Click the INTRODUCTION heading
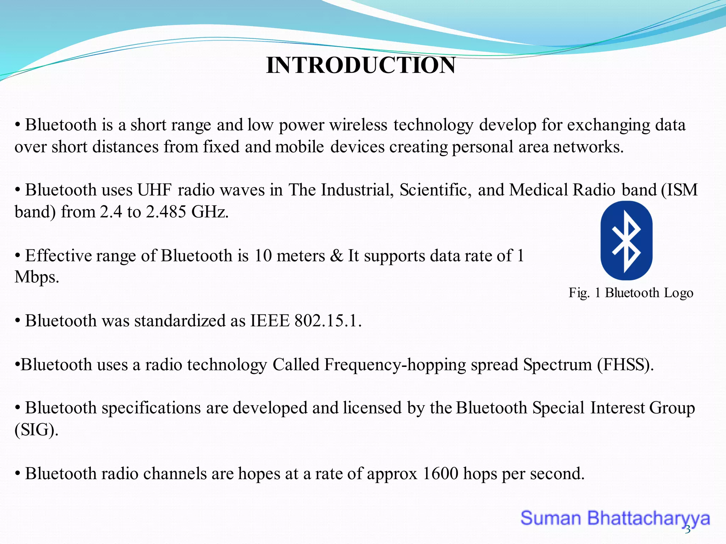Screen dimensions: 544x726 tap(361, 66)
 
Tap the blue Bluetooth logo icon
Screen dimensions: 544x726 tap(626, 240)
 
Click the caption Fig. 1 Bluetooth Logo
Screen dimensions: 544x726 tap(631, 293)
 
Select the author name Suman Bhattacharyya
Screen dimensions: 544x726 tap(615, 518)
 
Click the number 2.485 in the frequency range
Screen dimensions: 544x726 tap(166, 212)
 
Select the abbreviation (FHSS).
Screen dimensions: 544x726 tap(625, 365)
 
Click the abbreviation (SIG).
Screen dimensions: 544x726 tap(36, 430)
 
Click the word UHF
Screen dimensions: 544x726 tap(155, 190)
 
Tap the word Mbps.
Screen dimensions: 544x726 tap(37, 277)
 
